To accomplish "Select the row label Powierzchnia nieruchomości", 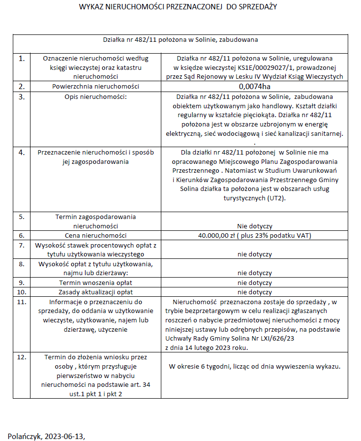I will pos(96,86).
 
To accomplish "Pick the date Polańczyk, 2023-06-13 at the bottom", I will pos(50,436).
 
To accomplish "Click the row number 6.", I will pos(21,236).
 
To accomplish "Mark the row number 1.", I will pos(21,59).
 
